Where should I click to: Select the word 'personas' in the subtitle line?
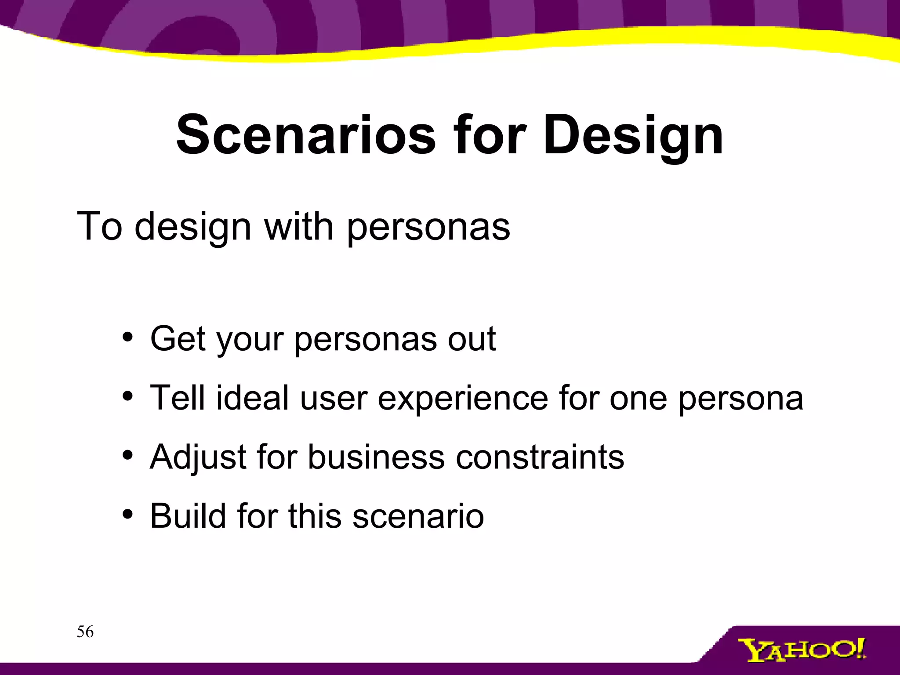pyautogui.click(x=428, y=228)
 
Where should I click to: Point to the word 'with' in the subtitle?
pyautogui.click(x=299, y=227)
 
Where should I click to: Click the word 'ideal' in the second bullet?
pyautogui.click(x=252, y=398)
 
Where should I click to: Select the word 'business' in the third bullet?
pyautogui.click(x=376, y=457)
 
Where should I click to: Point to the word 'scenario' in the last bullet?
pyautogui.click(x=417, y=516)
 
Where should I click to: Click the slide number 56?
pyautogui.click(x=85, y=632)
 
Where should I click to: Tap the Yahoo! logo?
pyautogui.click(x=802, y=650)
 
